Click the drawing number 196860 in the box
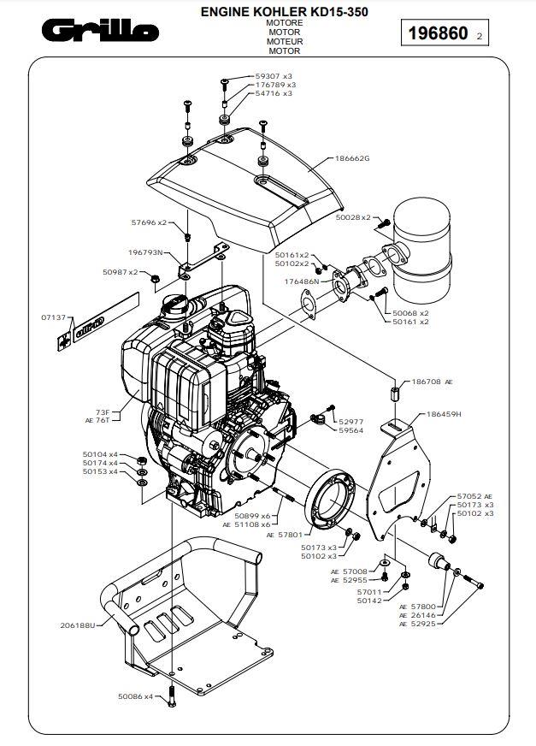(438, 34)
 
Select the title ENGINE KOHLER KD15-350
(285, 12)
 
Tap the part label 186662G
(352, 159)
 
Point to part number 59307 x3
(274, 76)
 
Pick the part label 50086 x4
(135, 696)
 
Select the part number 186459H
(444, 414)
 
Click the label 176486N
(302, 281)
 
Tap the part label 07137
(53, 317)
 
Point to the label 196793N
(145, 252)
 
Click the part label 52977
(350, 422)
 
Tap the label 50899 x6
(253, 516)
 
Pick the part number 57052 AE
(475, 495)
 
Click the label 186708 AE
(432, 382)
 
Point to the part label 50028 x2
(353, 218)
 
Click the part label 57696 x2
(149, 222)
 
